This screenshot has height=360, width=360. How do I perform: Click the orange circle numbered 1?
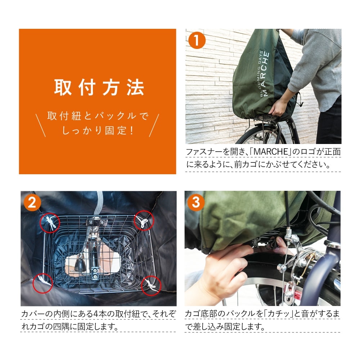click(197, 40)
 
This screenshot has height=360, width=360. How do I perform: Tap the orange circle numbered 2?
click(32, 202)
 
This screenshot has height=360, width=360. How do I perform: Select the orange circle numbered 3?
click(196, 202)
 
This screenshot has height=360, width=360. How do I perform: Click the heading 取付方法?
click(99, 87)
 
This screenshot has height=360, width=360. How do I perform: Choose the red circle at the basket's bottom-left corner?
click(43, 283)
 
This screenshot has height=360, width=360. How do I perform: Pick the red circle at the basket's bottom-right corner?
click(151, 286)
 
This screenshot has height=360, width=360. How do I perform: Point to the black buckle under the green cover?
click(267, 245)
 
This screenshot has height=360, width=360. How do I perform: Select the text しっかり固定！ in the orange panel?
click(98, 131)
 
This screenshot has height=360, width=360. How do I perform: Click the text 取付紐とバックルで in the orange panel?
click(98, 116)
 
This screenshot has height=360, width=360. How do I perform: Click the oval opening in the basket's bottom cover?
click(93, 264)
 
